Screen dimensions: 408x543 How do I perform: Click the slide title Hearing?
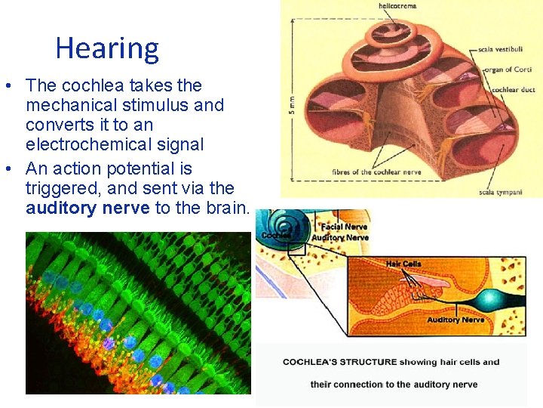tap(107, 48)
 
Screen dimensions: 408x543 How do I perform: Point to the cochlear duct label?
tap(513, 90)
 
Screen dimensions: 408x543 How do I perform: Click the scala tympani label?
tap(500, 192)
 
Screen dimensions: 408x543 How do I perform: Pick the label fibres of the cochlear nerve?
tap(375, 172)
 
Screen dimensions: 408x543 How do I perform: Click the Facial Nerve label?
tap(344, 227)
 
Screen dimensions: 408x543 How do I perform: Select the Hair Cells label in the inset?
tap(403, 264)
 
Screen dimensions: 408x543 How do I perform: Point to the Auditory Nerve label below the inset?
tap(456, 320)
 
